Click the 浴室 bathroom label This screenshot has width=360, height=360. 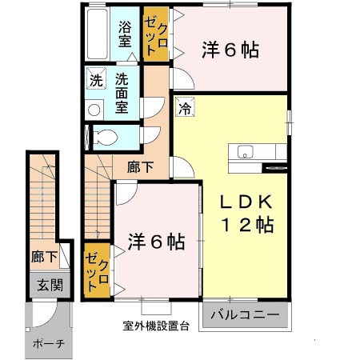click(x=126, y=34)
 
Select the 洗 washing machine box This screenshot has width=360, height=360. click(x=96, y=80)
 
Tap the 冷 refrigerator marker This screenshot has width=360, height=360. click(x=184, y=107)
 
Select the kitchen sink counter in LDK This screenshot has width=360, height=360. click(x=251, y=152)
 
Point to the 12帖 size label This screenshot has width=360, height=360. click(x=248, y=225)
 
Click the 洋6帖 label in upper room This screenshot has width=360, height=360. click(x=230, y=50)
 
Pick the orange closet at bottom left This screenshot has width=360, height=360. click(x=97, y=270)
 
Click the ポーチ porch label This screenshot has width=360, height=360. click(x=48, y=343)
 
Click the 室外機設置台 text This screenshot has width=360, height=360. click(x=156, y=326)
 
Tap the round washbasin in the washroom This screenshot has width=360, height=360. click(x=94, y=110)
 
